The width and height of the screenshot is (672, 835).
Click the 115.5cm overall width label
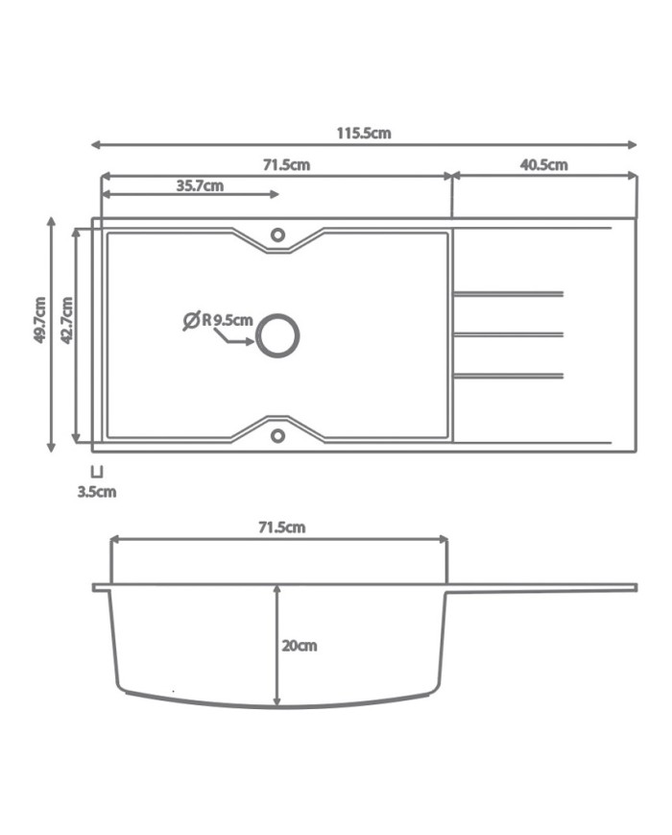click(x=363, y=134)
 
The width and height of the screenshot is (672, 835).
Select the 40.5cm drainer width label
click(x=543, y=164)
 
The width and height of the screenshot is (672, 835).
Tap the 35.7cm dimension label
click(x=200, y=185)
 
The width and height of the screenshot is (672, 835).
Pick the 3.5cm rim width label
click(x=97, y=492)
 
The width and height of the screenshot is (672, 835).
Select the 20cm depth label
click(x=299, y=646)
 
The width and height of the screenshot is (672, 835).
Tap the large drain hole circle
click(x=277, y=335)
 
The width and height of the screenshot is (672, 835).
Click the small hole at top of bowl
click(x=277, y=234)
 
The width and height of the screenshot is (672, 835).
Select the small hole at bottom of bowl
click(x=277, y=436)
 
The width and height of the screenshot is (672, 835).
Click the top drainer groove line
click(x=507, y=293)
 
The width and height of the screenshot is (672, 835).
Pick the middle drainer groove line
click(x=507, y=334)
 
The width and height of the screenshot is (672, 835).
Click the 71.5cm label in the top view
click(x=286, y=164)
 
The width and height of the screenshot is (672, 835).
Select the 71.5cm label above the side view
click(x=281, y=527)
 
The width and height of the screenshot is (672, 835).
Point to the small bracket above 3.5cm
click(x=96, y=472)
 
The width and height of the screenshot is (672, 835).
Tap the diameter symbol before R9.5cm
click(x=191, y=320)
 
